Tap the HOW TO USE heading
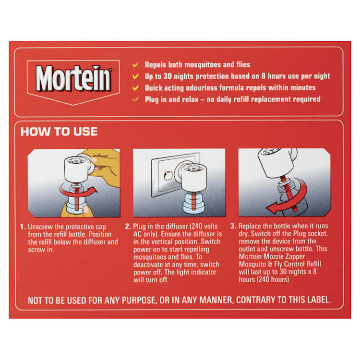pos(59,132)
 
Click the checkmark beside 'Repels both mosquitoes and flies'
pos(136,64)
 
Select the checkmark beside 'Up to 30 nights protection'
pos(136,76)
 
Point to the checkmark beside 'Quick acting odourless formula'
pos(136,88)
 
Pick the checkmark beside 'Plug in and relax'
pos(136,99)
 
